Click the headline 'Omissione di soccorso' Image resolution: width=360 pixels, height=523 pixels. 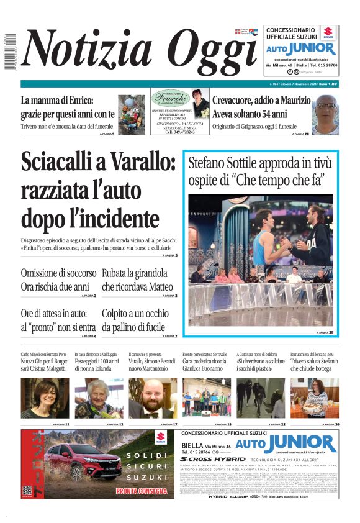[x=58, y=273]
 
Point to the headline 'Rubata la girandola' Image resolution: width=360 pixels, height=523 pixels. [x=135, y=273]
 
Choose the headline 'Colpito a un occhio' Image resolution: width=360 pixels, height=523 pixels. [x=135, y=314]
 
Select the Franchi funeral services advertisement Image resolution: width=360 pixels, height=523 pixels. [x=180, y=112]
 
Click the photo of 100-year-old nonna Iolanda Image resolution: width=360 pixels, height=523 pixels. [x=99, y=398]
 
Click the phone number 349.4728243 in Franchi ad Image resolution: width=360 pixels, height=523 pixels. [x=180, y=132]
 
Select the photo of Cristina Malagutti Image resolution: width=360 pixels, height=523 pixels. [x=45, y=398]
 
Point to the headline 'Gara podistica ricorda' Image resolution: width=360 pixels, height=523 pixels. [x=205, y=361]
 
